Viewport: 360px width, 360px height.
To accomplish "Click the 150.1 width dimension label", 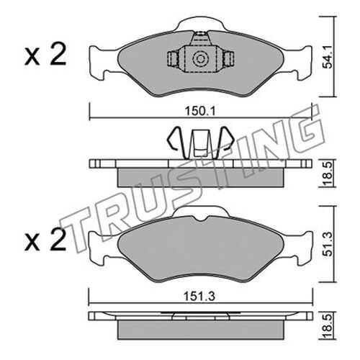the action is click(200, 111).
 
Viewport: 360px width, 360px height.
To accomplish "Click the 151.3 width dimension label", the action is click(199, 297).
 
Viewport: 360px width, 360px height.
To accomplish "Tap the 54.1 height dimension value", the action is click(328, 58).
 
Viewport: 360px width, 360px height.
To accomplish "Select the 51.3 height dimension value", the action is click(328, 244).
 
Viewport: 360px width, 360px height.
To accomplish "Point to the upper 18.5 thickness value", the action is click(328, 174).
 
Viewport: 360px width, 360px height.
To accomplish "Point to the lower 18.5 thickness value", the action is click(328, 326).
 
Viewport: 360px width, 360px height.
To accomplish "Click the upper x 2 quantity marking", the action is click(45, 54).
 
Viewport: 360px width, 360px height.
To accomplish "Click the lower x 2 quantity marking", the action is click(45, 240).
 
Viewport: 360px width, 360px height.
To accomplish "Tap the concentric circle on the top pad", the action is click(200, 58).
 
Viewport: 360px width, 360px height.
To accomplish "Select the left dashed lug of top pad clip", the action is click(172, 59).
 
